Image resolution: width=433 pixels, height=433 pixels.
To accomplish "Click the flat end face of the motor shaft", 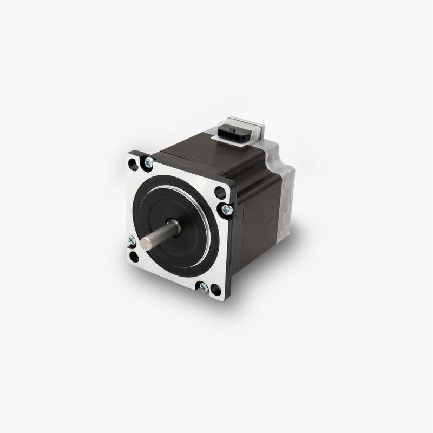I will coord(146,243).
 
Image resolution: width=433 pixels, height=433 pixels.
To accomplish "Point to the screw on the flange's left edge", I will coord(132,240).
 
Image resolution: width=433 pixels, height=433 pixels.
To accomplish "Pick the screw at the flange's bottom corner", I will coord(204,287).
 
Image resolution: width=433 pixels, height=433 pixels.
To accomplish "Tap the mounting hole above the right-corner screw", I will coord(220,192).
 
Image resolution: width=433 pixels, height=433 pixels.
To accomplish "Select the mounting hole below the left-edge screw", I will coord(134,257).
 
